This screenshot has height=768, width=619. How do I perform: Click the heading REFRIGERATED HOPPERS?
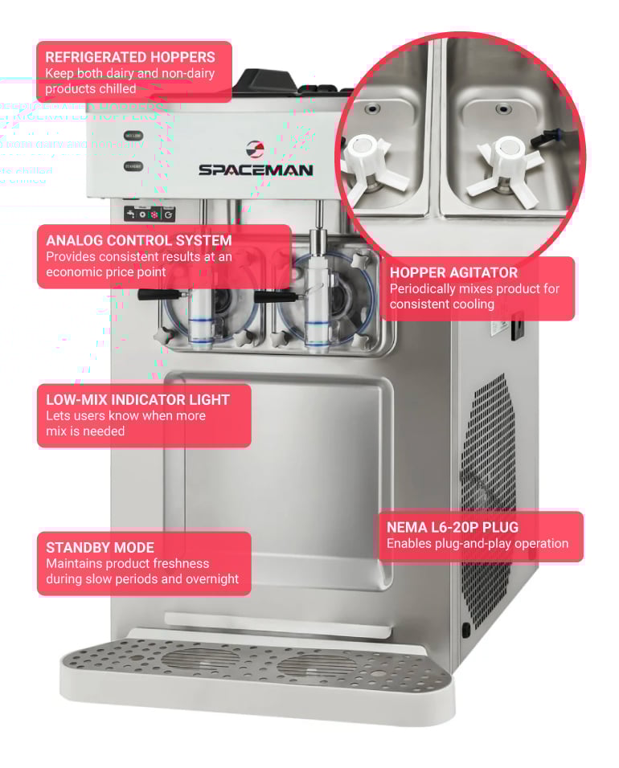pos(130,57)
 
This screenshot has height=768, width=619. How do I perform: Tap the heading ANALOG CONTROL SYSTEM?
pos(139,240)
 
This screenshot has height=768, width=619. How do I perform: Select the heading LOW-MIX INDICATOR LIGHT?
pos(137,399)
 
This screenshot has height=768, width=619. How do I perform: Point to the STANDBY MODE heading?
pos(100,547)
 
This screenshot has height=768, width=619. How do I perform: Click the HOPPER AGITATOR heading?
pos(453,272)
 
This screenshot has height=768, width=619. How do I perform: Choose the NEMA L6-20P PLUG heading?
pos(453,527)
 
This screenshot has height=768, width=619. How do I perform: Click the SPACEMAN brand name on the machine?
pos(256,170)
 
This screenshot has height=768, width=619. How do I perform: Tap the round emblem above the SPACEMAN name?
pos(255,149)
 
